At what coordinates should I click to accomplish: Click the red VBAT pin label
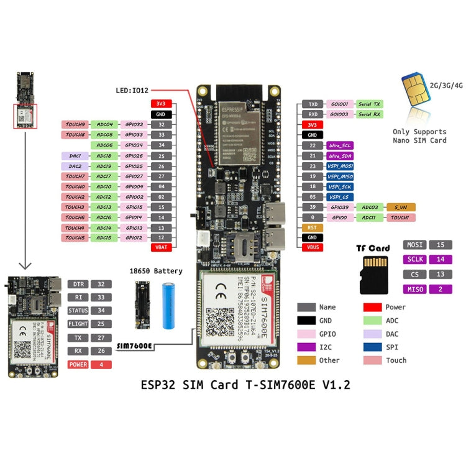point(161,247)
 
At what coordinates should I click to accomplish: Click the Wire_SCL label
point(339,145)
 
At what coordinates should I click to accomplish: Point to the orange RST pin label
point(312,227)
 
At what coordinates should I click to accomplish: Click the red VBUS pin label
point(312,247)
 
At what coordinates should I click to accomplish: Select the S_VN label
point(400,207)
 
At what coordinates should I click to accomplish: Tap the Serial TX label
point(370,104)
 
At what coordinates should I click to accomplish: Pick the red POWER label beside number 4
point(78,364)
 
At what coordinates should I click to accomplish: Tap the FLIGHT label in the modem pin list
point(78,324)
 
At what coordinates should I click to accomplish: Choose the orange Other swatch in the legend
point(306,360)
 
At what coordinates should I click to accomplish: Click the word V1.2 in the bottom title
point(336,385)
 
